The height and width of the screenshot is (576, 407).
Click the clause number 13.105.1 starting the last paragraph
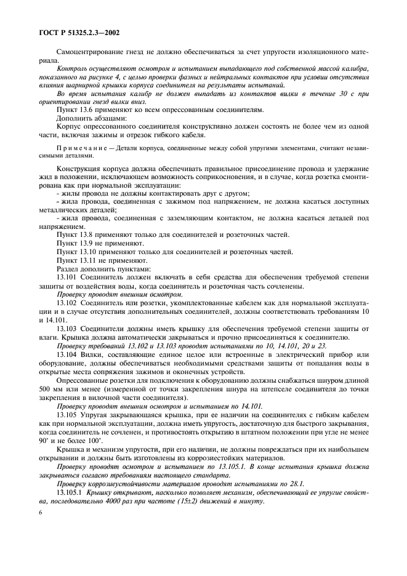coord(70,493)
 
